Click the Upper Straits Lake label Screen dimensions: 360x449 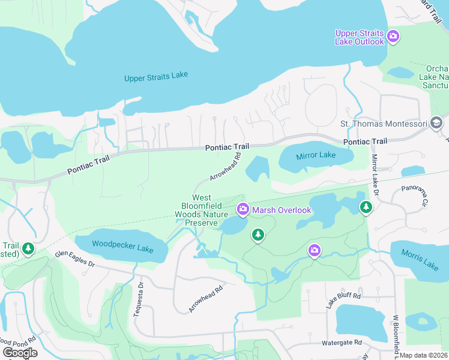pos(156,77)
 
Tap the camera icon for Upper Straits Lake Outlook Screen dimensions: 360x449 pos(393,37)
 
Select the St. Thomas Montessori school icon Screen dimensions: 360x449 pos(436,124)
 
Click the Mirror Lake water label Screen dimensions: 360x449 pos(316,155)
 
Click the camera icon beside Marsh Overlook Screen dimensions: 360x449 pos(243,209)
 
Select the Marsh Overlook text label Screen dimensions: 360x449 pos(282,210)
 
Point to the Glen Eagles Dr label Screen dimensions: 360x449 pos(75,259)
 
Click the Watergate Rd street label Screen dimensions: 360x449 pos(342,343)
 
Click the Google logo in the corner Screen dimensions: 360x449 pos(20,352)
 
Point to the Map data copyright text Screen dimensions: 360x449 pos(424,355)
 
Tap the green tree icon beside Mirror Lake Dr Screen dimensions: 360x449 pos(366,207)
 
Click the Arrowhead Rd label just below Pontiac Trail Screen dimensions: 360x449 pos(225,167)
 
